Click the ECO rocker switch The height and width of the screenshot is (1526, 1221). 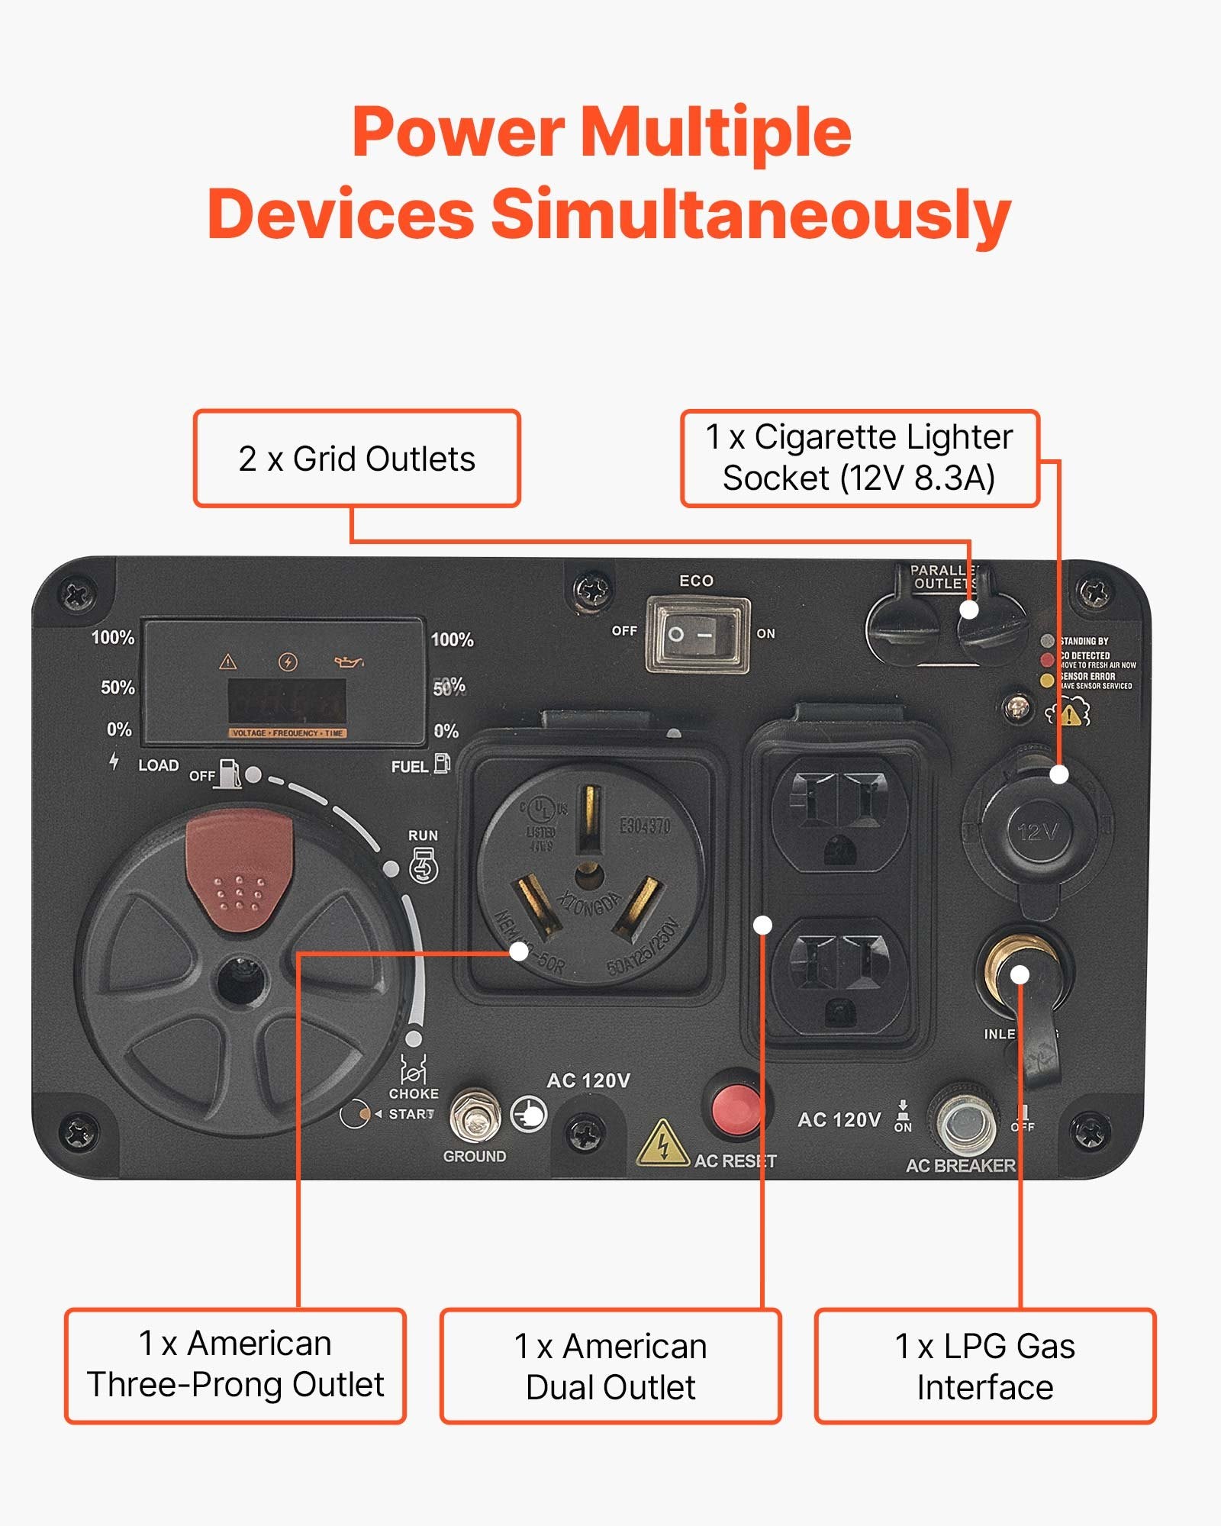point(697,634)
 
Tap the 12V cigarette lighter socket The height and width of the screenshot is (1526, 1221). point(1037,831)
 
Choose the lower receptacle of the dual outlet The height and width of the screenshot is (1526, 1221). point(839,976)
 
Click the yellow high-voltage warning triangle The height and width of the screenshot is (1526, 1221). point(662,1144)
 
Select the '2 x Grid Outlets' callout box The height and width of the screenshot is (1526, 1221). point(356,459)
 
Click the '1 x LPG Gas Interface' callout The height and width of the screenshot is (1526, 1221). point(985,1367)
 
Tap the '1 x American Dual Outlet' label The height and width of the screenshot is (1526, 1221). point(610,1367)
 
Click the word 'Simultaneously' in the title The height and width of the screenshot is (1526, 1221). point(750,214)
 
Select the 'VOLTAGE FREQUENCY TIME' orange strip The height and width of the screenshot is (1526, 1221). point(288,733)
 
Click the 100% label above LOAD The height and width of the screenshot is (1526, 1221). point(113,638)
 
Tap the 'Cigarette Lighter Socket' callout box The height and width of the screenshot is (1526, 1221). point(859,459)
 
